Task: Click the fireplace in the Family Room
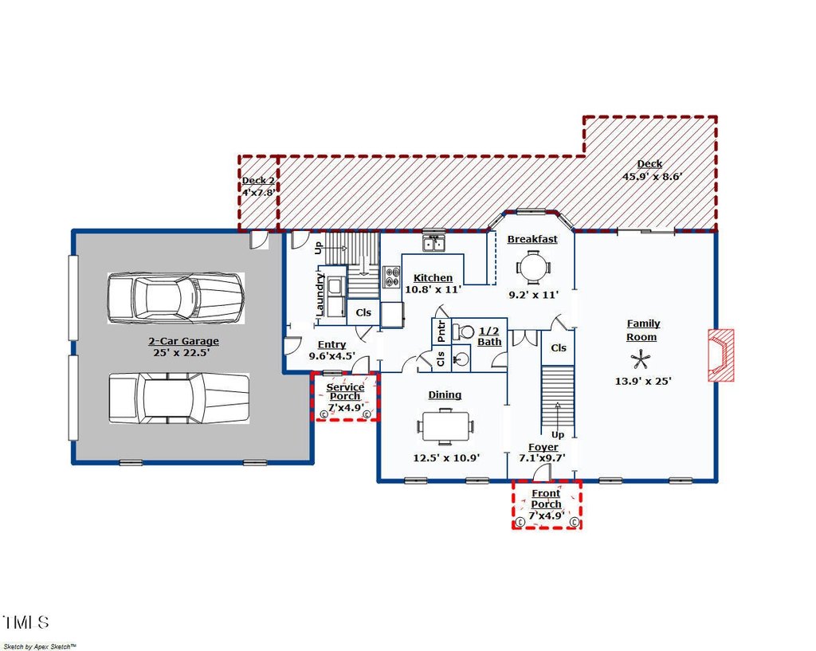coord(720,355)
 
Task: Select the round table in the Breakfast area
coord(533,268)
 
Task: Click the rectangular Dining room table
coord(445,427)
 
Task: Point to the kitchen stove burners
coord(392,276)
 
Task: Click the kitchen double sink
coord(433,243)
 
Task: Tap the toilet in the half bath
coord(463,331)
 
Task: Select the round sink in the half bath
coord(461,358)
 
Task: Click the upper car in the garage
coord(176,298)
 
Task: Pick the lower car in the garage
coord(178,398)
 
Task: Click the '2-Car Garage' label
coord(184,341)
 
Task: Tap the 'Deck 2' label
coord(258,181)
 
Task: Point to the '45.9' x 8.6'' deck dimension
coord(652,176)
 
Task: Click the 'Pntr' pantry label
coord(441,331)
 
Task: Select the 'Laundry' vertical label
coord(320,295)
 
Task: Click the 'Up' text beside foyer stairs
coord(558,434)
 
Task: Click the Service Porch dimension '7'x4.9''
coord(346,407)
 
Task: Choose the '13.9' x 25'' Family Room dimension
coord(643,381)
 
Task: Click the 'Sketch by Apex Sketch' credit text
coord(40,646)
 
